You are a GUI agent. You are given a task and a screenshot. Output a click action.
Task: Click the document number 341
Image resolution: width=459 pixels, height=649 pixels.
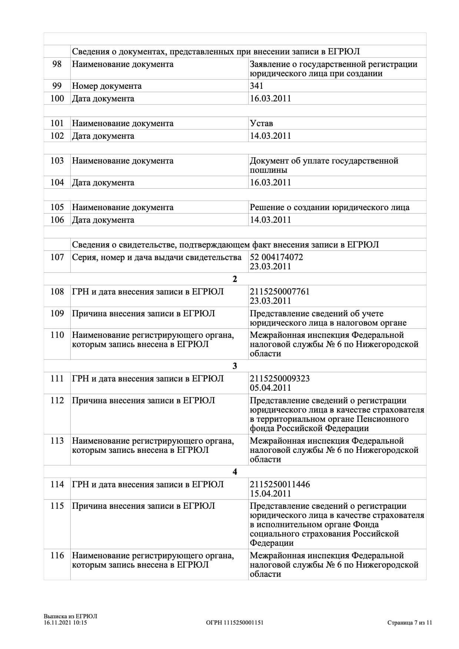[256, 86]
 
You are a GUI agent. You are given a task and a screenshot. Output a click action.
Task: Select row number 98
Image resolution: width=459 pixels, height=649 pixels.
[57, 64]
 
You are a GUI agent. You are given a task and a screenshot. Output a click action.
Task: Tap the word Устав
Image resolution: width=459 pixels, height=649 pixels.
[261, 123]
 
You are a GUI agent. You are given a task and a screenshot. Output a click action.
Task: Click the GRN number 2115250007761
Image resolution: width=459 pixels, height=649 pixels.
[280, 292]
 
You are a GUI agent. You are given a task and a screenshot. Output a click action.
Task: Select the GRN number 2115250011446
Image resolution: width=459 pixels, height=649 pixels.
[280, 484]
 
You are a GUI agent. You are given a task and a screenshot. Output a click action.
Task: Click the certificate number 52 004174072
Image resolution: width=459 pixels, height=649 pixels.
[276, 257]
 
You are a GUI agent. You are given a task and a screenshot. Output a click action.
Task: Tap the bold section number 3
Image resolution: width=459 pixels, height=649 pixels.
[235, 366]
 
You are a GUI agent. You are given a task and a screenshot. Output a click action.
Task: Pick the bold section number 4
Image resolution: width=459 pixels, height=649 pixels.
[235, 472]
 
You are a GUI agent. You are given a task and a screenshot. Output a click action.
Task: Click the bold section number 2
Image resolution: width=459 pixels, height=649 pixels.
[235, 279]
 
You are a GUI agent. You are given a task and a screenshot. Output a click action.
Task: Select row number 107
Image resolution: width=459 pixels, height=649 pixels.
[57, 257]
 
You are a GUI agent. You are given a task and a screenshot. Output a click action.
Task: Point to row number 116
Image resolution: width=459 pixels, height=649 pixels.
[57, 555]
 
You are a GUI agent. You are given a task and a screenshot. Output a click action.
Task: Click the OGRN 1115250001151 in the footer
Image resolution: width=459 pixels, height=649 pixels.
[235, 623]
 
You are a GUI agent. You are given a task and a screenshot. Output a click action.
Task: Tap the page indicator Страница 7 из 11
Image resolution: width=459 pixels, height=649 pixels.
[410, 623]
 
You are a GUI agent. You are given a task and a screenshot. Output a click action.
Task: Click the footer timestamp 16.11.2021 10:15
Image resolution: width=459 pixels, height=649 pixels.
[65, 623]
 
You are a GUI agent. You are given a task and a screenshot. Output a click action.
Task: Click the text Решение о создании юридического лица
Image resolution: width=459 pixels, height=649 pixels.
[329, 207]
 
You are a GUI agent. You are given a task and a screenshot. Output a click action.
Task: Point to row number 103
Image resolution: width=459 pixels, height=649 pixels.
[57, 161]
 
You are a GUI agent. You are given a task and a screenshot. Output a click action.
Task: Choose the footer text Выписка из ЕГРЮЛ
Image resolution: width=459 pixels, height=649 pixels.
[70, 616]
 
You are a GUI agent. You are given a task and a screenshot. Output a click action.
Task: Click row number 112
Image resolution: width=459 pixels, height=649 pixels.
[57, 400]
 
